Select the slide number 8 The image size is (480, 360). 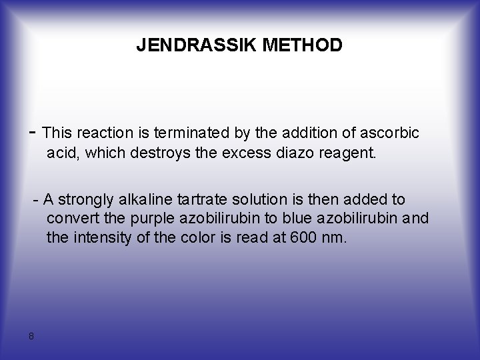[31, 335]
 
